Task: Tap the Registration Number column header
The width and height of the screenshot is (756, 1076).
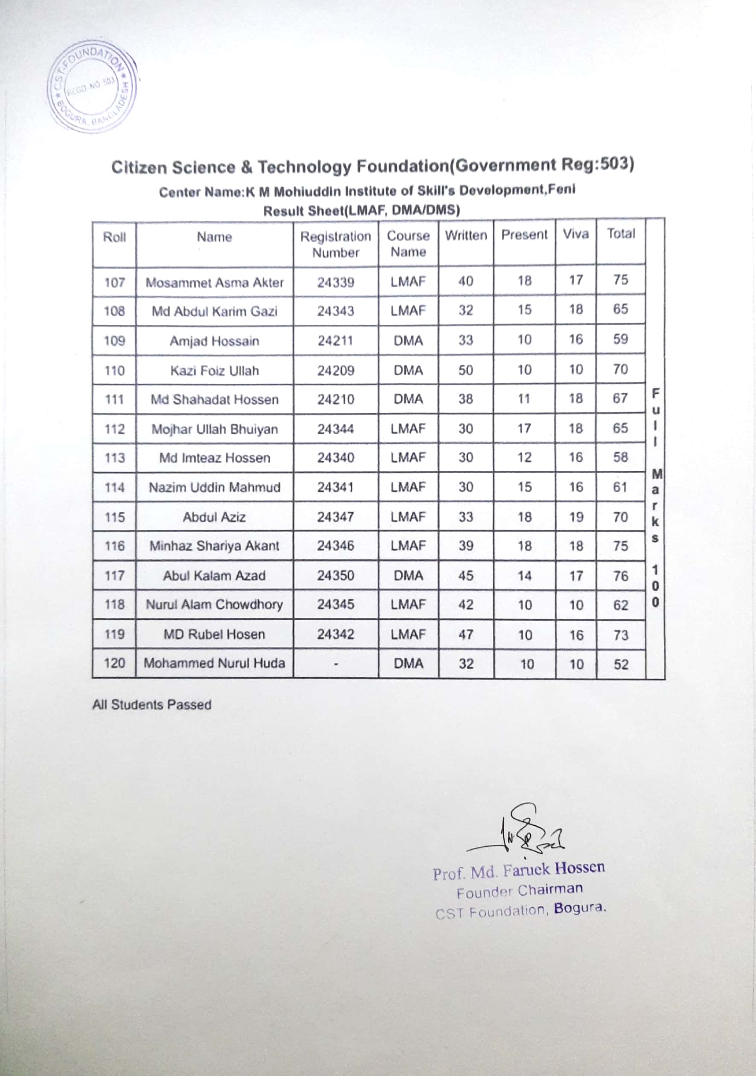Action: [335, 244]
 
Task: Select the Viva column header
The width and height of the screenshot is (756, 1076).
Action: [576, 234]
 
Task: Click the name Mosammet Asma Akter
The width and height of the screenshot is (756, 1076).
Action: [214, 283]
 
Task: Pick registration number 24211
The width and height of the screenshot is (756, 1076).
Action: [335, 341]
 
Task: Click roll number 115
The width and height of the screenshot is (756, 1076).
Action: [114, 517]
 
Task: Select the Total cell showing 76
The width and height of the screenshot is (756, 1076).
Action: [620, 576]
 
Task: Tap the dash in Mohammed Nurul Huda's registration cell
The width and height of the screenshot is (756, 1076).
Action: [336, 664]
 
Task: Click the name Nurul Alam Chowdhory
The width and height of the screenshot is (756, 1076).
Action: [214, 605]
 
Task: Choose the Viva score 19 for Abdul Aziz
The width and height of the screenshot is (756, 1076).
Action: [576, 517]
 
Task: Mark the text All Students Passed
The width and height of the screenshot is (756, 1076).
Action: [151, 705]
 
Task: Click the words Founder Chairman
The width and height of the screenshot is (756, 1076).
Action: [520, 891]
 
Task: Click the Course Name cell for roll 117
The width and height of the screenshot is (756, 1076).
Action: [408, 576]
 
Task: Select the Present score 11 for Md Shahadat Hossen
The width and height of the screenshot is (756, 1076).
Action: [524, 399]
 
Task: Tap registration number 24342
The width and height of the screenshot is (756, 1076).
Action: [335, 634]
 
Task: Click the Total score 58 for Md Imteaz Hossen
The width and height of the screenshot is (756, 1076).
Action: [620, 457]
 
